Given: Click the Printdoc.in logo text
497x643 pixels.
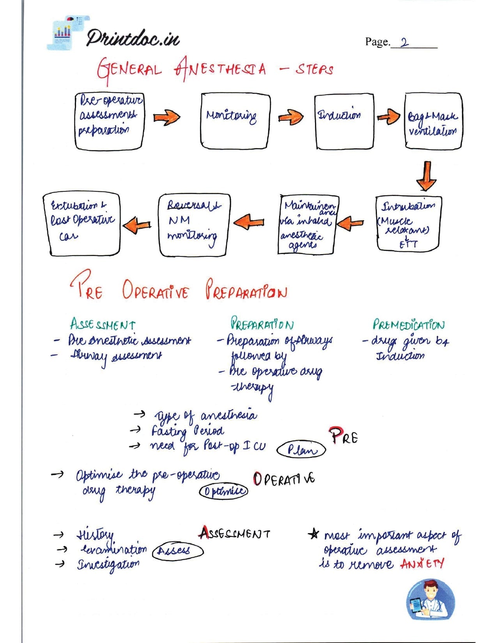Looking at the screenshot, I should (133, 38).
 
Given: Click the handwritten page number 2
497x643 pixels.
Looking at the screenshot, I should (404, 42).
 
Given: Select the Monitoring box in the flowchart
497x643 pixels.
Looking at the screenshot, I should (235, 121).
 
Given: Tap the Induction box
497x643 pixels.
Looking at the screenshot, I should (344, 122).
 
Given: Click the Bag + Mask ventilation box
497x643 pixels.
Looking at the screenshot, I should (433, 121).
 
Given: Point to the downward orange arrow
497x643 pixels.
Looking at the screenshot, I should (426, 176).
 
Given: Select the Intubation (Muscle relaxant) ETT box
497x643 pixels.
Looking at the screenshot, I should (409, 224).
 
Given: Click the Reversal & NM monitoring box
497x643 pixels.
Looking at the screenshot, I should (194, 225).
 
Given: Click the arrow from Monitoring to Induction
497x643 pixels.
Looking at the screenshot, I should (291, 117).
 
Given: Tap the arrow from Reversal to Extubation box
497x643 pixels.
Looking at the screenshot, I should (137, 225).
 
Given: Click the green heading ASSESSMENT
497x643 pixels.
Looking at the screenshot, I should (103, 324).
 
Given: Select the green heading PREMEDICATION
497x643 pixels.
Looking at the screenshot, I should (408, 325).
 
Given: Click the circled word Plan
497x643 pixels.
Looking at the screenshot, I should (301, 450).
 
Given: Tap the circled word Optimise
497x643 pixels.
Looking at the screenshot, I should (223, 491).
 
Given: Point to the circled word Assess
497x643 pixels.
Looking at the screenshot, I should (178, 551).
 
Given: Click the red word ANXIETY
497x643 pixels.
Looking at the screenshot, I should (422, 564).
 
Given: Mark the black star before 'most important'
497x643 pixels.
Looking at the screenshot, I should (313, 534).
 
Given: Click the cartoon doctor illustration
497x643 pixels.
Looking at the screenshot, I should (430, 599).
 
